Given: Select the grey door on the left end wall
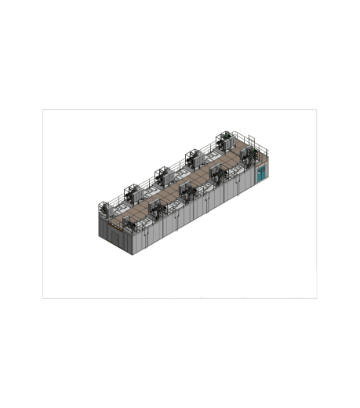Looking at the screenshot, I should [x=118, y=236].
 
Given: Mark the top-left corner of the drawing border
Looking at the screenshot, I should [x=42, y=109].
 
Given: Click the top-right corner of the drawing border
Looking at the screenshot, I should [x=317, y=109].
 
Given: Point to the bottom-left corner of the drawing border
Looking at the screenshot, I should [x=42, y=298].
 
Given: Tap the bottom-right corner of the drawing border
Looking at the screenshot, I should [x=317, y=298].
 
